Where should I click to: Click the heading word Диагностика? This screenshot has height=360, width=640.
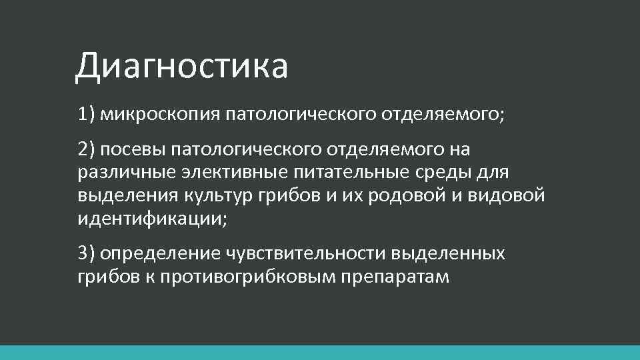(181, 67)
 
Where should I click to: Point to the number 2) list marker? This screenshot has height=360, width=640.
(86, 151)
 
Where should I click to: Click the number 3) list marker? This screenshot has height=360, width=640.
(86, 253)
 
